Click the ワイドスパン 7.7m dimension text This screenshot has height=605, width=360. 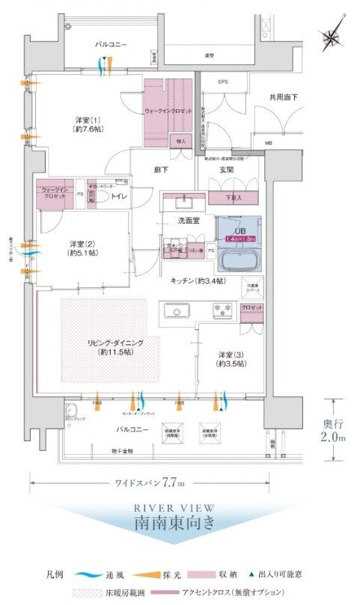(148, 482)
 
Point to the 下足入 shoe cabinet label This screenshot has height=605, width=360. (237, 198)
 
